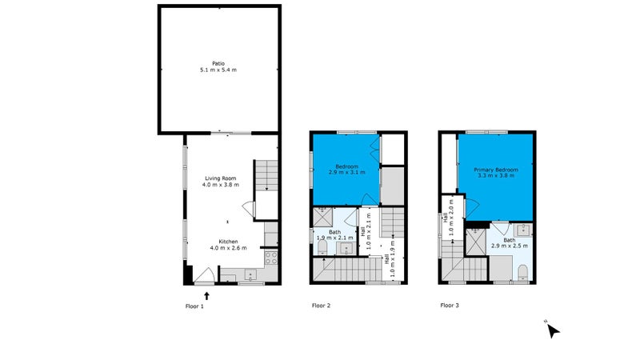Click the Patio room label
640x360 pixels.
coord(218,63)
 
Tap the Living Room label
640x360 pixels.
coord(221,178)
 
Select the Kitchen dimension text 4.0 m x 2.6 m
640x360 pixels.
coord(228,248)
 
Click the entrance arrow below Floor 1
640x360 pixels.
coord(206,296)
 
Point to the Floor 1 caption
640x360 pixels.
coord(194,306)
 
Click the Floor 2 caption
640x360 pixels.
coord(322,306)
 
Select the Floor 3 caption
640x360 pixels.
coord(450,305)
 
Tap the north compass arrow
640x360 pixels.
coord(553,330)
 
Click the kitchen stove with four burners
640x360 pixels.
coord(271,258)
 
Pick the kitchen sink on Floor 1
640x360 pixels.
coord(250,274)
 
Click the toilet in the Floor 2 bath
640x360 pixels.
coord(322,247)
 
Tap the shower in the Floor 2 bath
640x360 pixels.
coord(323,217)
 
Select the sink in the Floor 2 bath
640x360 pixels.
coord(346,248)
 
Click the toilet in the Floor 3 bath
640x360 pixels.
coord(523,272)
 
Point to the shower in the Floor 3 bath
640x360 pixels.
coord(476,241)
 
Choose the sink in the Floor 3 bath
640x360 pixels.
coord(523,230)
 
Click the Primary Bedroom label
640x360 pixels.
coord(496,170)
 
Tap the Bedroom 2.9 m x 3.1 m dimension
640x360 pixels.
coord(347,172)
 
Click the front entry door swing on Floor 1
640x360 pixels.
coord(204,274)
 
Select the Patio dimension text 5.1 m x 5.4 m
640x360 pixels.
coord(218,70)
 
